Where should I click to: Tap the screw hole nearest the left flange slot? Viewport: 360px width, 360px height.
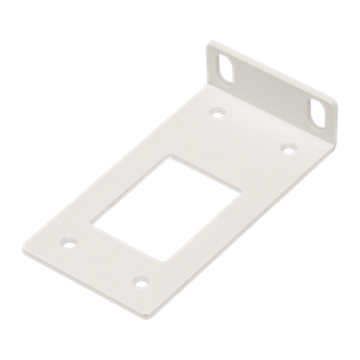click(217, 112)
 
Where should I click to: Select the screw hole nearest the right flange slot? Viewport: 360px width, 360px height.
click(286, 146)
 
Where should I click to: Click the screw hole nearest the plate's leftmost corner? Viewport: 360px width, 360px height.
click(69, 242)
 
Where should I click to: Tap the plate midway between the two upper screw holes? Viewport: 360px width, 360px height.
click(251, 130)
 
